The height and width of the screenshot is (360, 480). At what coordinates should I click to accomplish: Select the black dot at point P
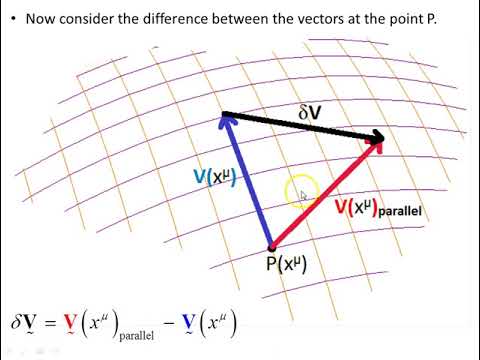271,247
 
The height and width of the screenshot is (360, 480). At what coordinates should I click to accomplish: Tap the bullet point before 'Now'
12,19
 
